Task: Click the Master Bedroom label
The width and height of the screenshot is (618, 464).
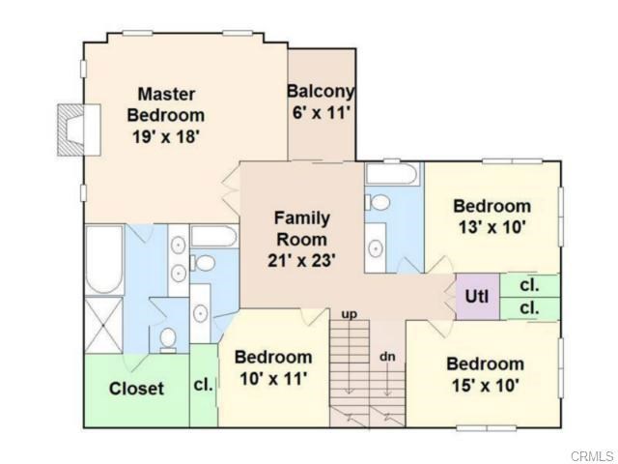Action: [166, 105]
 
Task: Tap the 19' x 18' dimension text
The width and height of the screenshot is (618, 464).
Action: [165, 137]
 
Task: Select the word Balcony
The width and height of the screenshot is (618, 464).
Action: [321, 92]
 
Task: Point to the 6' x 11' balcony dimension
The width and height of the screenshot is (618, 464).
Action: [322, 113]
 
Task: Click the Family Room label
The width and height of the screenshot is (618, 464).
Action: [302, 228]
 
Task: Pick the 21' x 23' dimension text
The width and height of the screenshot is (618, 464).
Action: [302, 260]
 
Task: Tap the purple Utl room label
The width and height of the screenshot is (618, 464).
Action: [477, 296]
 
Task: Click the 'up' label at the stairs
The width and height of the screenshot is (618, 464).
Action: [350, 314]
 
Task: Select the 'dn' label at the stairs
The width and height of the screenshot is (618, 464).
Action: [387, 357]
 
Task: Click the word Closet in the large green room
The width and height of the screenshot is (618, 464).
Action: [136, 389]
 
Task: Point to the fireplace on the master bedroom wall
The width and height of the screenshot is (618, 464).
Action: [79, 130]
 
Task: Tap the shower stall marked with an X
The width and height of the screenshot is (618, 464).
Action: [104, 325]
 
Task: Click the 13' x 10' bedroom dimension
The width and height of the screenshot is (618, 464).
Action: [492, 227]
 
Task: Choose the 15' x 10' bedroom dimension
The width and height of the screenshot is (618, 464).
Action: [485, 385]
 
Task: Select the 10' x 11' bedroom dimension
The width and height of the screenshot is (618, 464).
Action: [273, 379]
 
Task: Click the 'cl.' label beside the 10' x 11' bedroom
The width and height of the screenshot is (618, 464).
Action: [204, 385]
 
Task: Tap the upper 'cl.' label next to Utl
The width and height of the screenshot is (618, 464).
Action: [529, 285]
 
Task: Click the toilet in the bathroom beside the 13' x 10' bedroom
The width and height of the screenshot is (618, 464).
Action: [378, 202]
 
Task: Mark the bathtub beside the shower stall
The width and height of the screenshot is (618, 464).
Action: [104, 260]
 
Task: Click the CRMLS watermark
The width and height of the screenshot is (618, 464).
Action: [592, 456]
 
